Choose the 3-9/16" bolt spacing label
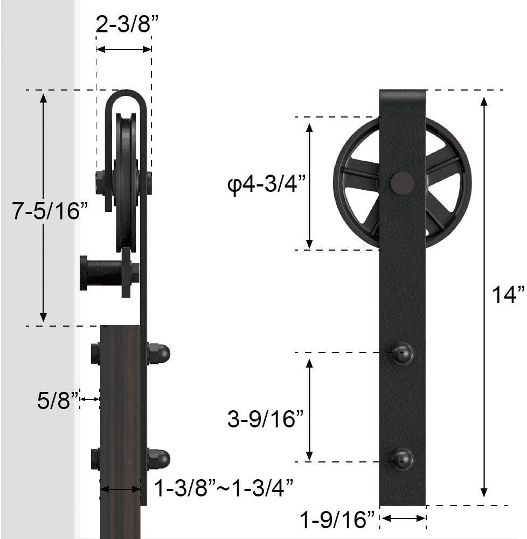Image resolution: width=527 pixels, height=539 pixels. point(266,418)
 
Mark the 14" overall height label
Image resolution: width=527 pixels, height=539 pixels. point(508,295)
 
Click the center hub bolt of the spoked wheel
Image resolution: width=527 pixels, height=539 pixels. point(403,183)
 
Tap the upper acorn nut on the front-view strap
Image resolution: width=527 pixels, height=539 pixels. point(403,354)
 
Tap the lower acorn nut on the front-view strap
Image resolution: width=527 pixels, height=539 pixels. point(403,459)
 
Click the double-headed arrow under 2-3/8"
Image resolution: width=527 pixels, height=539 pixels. point(123,49)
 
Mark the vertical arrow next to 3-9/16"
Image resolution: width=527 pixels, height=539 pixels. point(310,408)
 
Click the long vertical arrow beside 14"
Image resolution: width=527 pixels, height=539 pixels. point(484,296)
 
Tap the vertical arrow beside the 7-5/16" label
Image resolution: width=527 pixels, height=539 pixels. point(44,208)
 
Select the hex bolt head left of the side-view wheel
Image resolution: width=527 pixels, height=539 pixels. point(100,182)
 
